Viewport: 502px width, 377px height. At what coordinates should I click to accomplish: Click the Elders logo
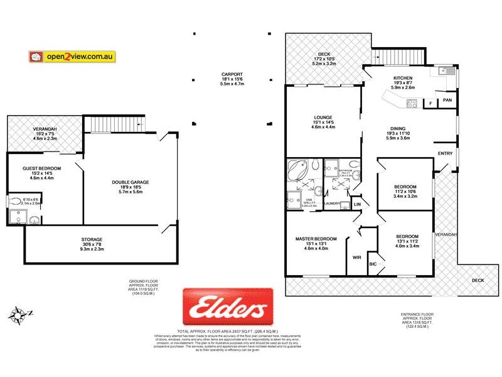228,307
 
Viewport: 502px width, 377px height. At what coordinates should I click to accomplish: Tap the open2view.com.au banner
72,56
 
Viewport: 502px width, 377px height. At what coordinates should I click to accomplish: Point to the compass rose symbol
20,313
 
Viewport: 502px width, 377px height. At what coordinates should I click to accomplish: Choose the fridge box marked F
430,102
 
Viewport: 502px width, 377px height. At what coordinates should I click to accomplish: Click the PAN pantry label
447,99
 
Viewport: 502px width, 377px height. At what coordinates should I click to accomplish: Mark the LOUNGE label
324,117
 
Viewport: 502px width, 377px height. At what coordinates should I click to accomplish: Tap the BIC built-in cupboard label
373,265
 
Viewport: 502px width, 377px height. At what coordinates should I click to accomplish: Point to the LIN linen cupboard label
357,205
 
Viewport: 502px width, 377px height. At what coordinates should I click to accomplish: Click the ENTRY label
444,153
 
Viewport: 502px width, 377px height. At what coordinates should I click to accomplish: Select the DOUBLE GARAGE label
130,183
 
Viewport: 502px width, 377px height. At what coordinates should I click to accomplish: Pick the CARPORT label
232,74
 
